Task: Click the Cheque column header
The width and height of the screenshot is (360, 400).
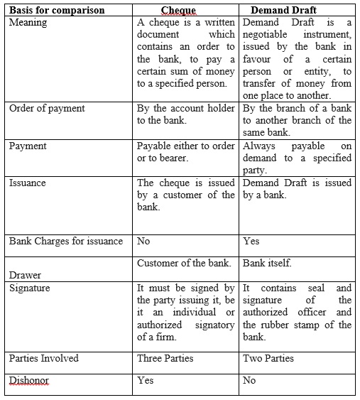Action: [178, 10]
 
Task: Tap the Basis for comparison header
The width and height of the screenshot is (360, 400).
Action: [57, 10]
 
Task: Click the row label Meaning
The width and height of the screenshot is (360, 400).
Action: [28, 22]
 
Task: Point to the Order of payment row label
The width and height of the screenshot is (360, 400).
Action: [47, 108]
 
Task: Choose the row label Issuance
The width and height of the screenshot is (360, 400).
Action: [28, 183]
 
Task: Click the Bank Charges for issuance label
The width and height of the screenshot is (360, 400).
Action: [66, 241]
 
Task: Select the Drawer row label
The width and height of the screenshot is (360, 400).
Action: [25, 275]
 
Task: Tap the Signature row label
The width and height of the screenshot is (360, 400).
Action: [30, 288]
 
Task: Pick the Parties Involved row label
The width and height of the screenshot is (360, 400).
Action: [44, 358]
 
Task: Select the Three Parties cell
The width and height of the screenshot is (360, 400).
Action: [165, 358]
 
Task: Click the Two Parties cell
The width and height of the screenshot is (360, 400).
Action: [268, 358]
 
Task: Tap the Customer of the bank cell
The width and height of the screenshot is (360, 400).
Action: [184, 263]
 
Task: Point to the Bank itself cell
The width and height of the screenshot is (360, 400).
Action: [267, 263]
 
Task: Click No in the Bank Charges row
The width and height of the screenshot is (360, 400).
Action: [143, 241]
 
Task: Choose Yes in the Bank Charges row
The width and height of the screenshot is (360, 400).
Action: [251, 241]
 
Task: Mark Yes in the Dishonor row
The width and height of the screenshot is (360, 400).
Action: [146, 380]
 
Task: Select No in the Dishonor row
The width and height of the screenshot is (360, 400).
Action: [249, 380]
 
